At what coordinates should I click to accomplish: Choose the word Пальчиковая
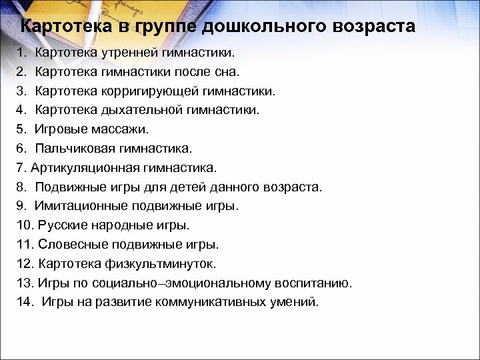pyautogui.click(x=69, y=149)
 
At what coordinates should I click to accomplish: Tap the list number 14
pyautogui.click(x=24, y=302)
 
